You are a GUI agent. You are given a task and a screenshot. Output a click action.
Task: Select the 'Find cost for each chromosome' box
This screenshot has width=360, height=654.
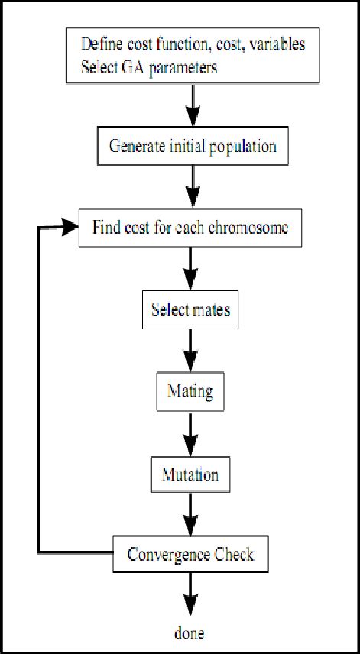[190, 227]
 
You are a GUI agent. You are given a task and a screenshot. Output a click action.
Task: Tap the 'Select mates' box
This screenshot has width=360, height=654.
[190, 309]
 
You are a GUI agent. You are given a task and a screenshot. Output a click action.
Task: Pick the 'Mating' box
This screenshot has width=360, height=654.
[190, 392]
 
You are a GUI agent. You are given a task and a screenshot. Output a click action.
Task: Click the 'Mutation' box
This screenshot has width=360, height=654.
[190, 474]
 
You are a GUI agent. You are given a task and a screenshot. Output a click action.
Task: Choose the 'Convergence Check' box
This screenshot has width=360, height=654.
[190, 555]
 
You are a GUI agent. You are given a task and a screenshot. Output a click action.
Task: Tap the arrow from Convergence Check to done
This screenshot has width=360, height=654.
[190, 594]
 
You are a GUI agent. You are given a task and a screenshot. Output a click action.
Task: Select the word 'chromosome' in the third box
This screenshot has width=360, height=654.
[248, 227]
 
